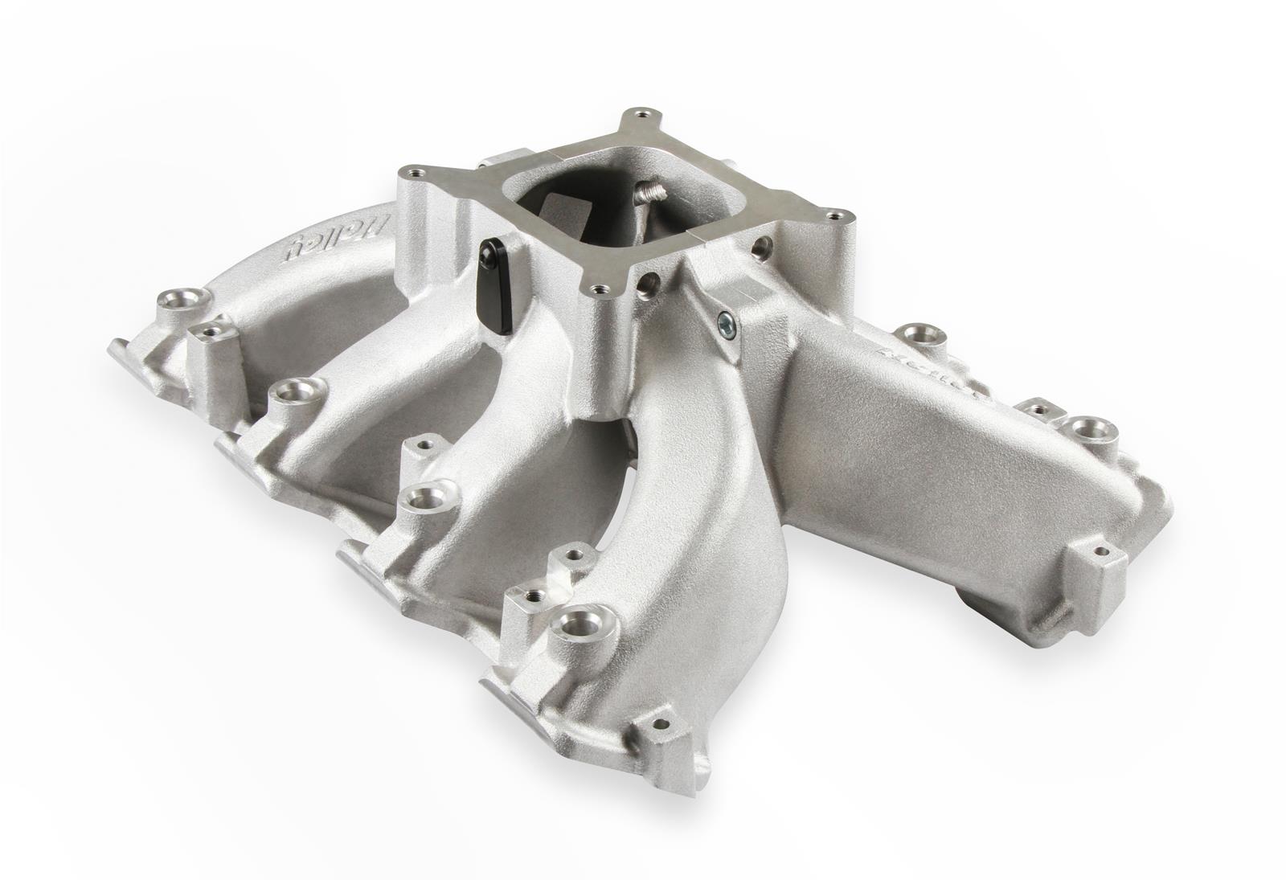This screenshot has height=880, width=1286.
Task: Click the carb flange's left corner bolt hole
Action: pyautogui.click(x=415, y=170)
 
